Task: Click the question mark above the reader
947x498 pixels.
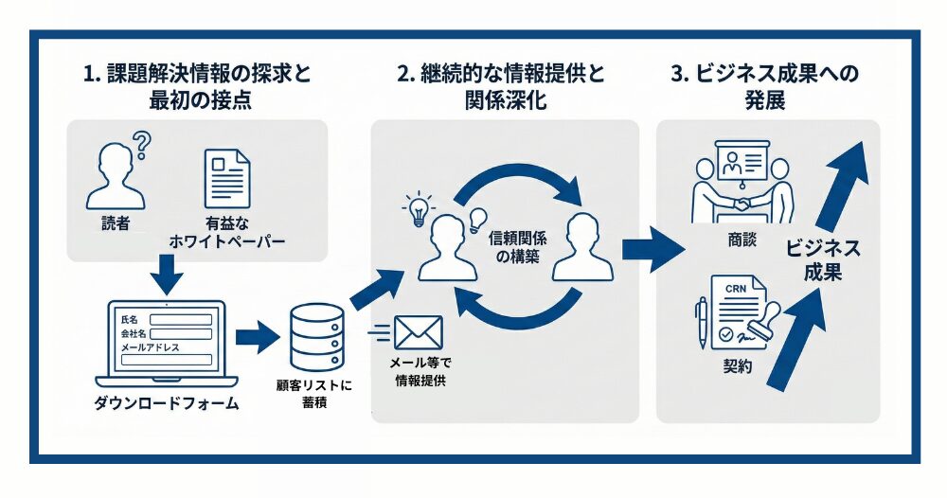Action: (141, 146)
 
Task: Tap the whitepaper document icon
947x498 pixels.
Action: (227, 177)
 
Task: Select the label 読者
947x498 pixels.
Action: (116, 224)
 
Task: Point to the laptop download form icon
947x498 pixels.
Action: (167, 341)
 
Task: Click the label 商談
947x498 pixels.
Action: (742, 240)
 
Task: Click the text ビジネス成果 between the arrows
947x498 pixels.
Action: (822, 260)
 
